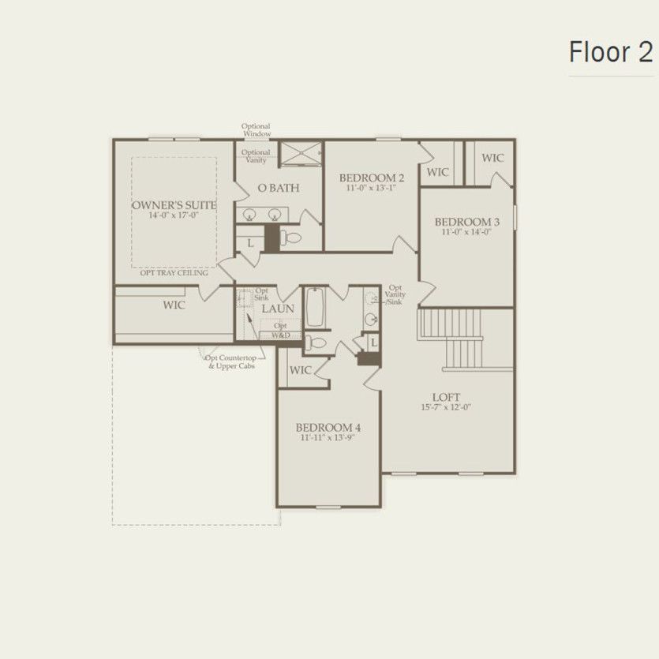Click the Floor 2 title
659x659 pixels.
point(611,52)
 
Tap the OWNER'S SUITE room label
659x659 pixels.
point(174,204)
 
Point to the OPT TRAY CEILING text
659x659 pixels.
point(174,273)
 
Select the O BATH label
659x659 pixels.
point(278,189)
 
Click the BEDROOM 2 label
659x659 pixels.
point(372,177)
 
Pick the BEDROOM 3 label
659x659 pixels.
point(467,222)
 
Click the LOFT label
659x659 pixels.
point(446,397)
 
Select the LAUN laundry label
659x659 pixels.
point(278,309)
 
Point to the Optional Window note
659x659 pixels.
point(256,130)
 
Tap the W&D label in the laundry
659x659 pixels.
point(280,335)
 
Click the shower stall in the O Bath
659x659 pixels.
point(300,155)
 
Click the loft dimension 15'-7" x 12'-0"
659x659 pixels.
point(446,407)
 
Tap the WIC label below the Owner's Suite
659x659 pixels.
point(174,305)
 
